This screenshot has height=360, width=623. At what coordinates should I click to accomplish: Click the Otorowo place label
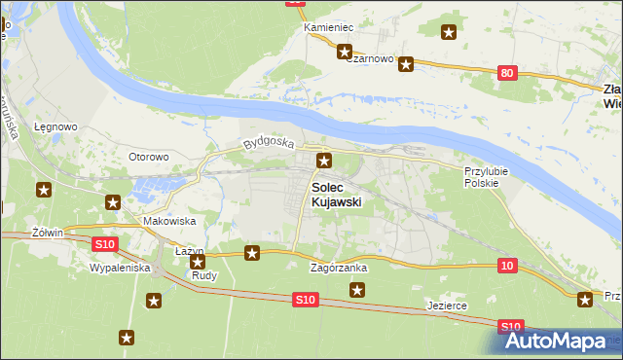pos(150,156)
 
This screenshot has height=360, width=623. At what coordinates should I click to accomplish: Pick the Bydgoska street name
pos(269,142)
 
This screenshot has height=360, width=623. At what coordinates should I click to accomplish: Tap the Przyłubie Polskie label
pos(482,176)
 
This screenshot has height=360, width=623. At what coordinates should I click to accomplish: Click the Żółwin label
pos(47,233)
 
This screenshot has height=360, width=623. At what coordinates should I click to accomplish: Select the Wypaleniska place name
pos(119,267)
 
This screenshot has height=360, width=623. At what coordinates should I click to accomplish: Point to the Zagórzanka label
pos(338,267)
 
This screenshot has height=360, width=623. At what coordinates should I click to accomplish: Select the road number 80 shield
pos(506,73)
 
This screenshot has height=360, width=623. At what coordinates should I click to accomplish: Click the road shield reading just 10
pos(506,265)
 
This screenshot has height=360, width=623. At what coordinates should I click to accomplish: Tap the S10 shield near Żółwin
pos(106,242)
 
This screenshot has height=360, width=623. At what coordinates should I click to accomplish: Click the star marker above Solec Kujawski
pos(324,162)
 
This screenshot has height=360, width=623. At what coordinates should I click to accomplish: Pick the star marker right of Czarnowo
pos(406,65)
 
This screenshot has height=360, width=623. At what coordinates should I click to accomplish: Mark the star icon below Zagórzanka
pos(357,289)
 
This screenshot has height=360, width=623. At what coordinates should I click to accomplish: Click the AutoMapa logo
pos(562,341)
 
